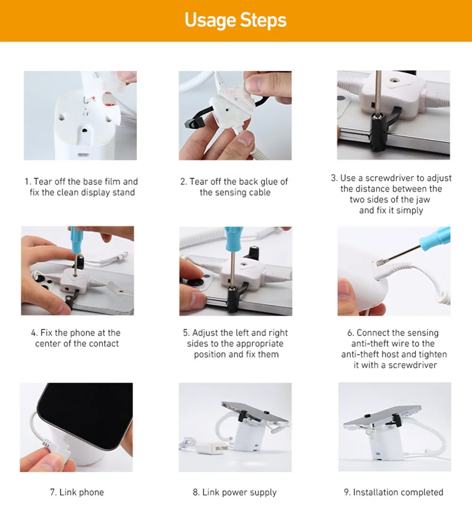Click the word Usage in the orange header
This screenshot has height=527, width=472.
pos(211,20)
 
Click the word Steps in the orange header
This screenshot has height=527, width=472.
pos(263,20)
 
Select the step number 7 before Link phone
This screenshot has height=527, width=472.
pos(53,492)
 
